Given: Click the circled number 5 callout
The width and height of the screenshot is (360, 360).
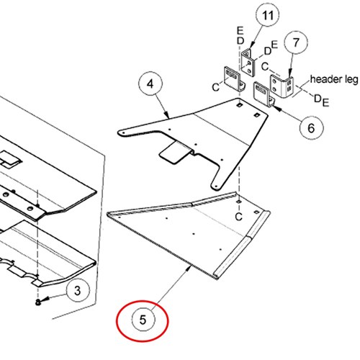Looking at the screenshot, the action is (x=143, y=320).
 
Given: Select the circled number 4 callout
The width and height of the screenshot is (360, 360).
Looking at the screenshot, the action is (x=150, y=84).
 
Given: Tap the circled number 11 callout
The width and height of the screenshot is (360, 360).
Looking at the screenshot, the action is (x=268, y=15).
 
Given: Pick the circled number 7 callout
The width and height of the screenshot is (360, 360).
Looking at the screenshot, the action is (x=296, y=42).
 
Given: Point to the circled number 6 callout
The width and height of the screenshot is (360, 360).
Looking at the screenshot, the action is (x=311, y=127).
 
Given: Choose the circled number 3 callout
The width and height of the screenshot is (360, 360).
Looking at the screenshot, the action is (x=78, y=291).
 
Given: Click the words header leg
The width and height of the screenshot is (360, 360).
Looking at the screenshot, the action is (x=334, y=80).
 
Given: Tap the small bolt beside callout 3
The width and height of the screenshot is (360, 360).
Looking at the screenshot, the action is (x=38, y=302).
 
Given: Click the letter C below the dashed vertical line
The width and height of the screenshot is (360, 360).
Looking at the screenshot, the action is (x=238, y=217).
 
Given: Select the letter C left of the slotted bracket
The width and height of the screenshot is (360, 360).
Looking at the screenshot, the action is (x=216, y=87).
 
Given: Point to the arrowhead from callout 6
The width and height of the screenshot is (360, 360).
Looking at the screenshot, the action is (x=276, y=108).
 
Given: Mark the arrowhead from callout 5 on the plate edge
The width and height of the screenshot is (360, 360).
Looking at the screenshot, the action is (x=189, y=269).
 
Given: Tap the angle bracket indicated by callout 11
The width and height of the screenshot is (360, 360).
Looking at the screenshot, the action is (x=249, y=63).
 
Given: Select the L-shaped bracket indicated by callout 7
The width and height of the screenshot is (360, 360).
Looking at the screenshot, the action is (x=282, y=86).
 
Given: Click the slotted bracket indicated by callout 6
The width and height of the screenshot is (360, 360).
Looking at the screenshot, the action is (x=264, y=94).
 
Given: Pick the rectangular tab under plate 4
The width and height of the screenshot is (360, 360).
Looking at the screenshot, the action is (x=175, y=153).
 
